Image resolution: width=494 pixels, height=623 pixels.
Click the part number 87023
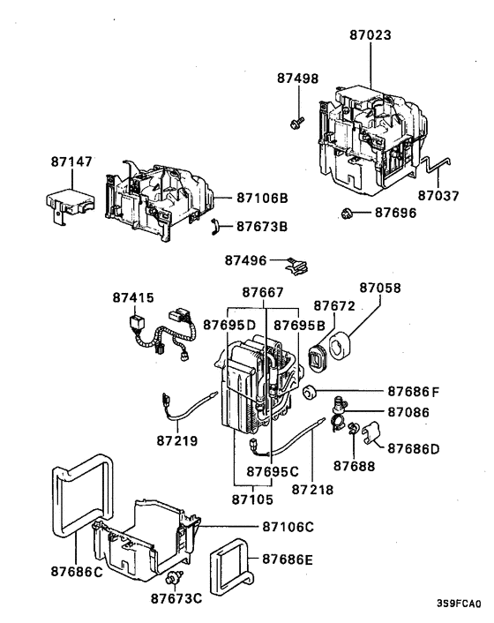click(370, 35)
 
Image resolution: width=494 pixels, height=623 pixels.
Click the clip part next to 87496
click(298, 261)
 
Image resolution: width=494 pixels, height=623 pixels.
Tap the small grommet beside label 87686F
click(311, 392)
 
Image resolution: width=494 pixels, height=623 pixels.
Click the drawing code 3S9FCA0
click(458, 604)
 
